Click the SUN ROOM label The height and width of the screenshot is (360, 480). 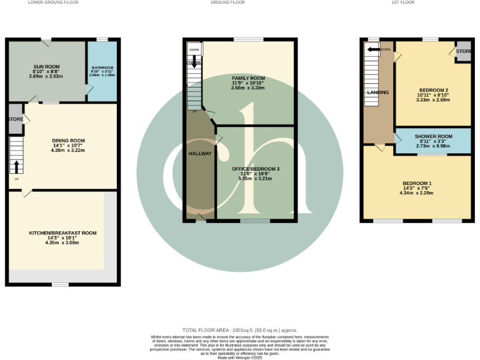(44, 66)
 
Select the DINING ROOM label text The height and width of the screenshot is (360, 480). (69, 141)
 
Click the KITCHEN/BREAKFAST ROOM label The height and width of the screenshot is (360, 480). (62, 233)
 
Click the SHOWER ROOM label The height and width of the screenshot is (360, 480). (433, 136)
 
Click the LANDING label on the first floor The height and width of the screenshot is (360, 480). (377, 92)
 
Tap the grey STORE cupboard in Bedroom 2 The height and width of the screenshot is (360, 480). (463, 51)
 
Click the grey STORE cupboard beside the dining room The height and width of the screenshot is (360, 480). (16, 119)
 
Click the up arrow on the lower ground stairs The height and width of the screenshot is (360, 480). (16, 166)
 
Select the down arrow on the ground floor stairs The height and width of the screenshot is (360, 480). (193, 62)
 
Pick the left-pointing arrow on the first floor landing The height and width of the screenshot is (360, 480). (374, 49)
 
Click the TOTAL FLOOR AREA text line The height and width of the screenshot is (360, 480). (240, 330)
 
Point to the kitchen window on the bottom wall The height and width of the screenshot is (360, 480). (60, 284)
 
